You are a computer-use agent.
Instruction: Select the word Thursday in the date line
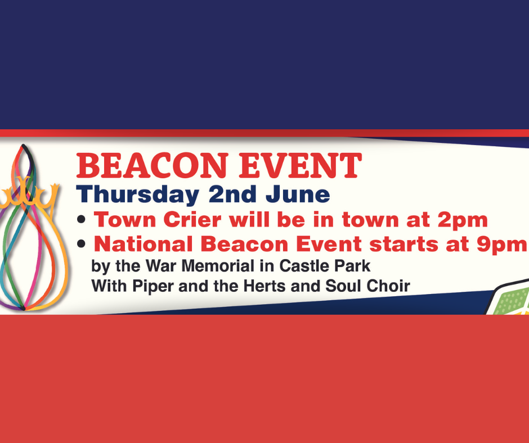138,195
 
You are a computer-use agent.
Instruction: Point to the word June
298,195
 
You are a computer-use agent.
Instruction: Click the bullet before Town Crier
81,219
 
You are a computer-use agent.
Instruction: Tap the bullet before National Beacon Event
81,244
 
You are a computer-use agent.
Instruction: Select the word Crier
192,220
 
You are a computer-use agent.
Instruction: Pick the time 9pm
501,245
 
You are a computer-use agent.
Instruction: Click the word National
144,244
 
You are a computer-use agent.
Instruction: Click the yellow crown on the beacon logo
30,196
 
